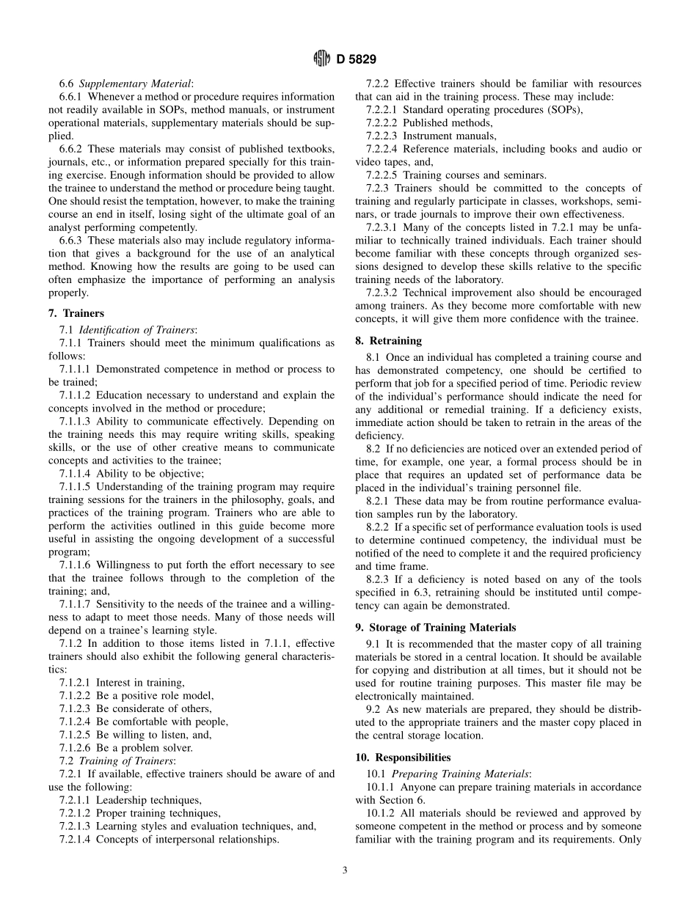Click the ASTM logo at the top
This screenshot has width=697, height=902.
click(322, 59)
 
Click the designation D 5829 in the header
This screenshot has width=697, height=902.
click(357, 59)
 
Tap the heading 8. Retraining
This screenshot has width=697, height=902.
click(388, 340)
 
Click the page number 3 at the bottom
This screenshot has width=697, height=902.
click(345, 870)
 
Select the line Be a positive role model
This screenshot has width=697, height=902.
click(155, 695)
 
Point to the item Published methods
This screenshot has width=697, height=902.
click(448, 123)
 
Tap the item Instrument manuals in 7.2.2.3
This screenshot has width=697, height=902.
click(449, 136)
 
